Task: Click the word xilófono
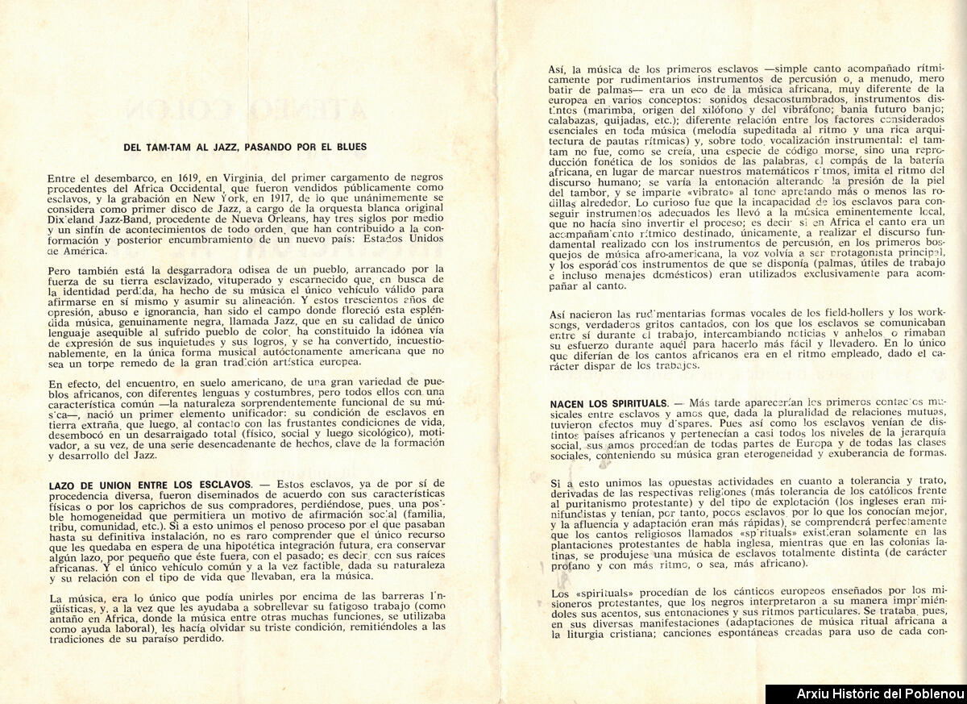pyautogui.click(x=725, y=110)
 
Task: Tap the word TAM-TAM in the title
pyautogui.click(x=170, y=147)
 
